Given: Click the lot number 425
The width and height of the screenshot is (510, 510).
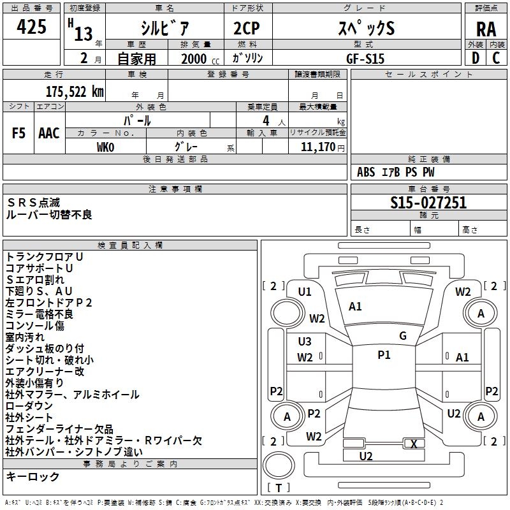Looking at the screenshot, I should tap(32, 27).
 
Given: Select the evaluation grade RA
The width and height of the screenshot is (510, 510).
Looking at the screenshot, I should tap(486, 29).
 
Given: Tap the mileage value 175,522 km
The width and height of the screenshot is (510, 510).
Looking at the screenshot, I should tap(75, 91).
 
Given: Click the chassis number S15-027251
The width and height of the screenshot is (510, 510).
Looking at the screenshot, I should tap(428, 203).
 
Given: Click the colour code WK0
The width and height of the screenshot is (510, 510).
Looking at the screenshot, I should tap(105, 146).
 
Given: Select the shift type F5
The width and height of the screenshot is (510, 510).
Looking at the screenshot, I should tap(19, 133).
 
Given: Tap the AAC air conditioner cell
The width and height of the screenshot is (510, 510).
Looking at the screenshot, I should tap(48, 133).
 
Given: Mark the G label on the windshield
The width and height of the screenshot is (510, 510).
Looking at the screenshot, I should tap(403, 336).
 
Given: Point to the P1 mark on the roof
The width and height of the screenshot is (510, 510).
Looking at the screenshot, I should tap(384, 355).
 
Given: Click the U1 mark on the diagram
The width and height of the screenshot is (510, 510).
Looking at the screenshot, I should tap(305, 292).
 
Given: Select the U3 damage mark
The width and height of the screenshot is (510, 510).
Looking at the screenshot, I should tap(305, 342).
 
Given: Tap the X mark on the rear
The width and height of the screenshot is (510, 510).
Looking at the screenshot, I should tap(414, 444).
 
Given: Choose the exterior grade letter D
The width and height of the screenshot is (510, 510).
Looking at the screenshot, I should tap(475, 57).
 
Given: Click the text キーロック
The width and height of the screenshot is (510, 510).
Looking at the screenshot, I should tap(33, 477).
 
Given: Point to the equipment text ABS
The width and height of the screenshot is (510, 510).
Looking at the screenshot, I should tap(366, 172).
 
